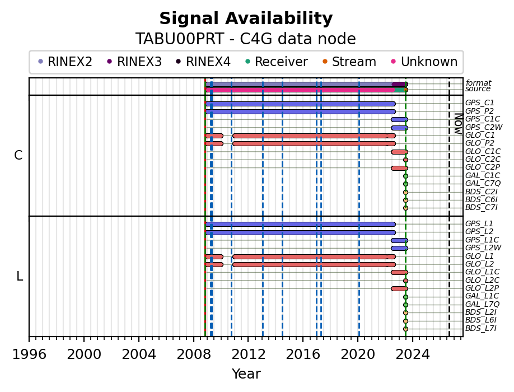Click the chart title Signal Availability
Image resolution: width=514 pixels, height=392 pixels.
246,18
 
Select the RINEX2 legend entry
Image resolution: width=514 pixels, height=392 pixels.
66,62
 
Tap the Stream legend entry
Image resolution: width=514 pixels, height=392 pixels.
349,62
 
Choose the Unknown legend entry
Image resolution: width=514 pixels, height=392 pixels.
424,62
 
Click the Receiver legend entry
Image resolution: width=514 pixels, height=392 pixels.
277,62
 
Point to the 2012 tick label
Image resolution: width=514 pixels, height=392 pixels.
249,354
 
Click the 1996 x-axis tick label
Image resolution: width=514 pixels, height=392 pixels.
29,354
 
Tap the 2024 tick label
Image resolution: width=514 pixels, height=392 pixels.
413,354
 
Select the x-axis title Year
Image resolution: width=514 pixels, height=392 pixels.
246,374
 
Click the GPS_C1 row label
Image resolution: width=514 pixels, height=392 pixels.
480,103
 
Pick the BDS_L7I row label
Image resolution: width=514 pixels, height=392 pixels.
481,328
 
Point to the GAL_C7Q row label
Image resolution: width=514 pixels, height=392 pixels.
483,184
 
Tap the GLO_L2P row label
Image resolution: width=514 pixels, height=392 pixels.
482,288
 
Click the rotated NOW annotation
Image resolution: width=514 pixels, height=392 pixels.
459,124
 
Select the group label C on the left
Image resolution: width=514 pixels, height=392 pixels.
18,155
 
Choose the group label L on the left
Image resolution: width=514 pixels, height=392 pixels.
20,277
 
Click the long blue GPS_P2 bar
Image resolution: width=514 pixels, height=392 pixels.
300,112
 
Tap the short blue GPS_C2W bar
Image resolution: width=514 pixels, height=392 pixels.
399,128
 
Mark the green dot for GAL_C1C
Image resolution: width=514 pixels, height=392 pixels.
405,176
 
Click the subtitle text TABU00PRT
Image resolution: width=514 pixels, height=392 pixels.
180,39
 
